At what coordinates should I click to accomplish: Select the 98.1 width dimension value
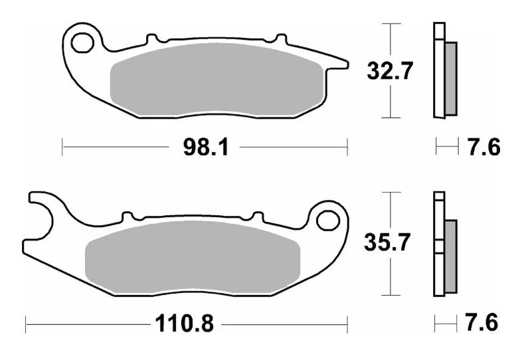pos(206,147)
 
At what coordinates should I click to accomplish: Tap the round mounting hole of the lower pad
pos(328,218)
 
